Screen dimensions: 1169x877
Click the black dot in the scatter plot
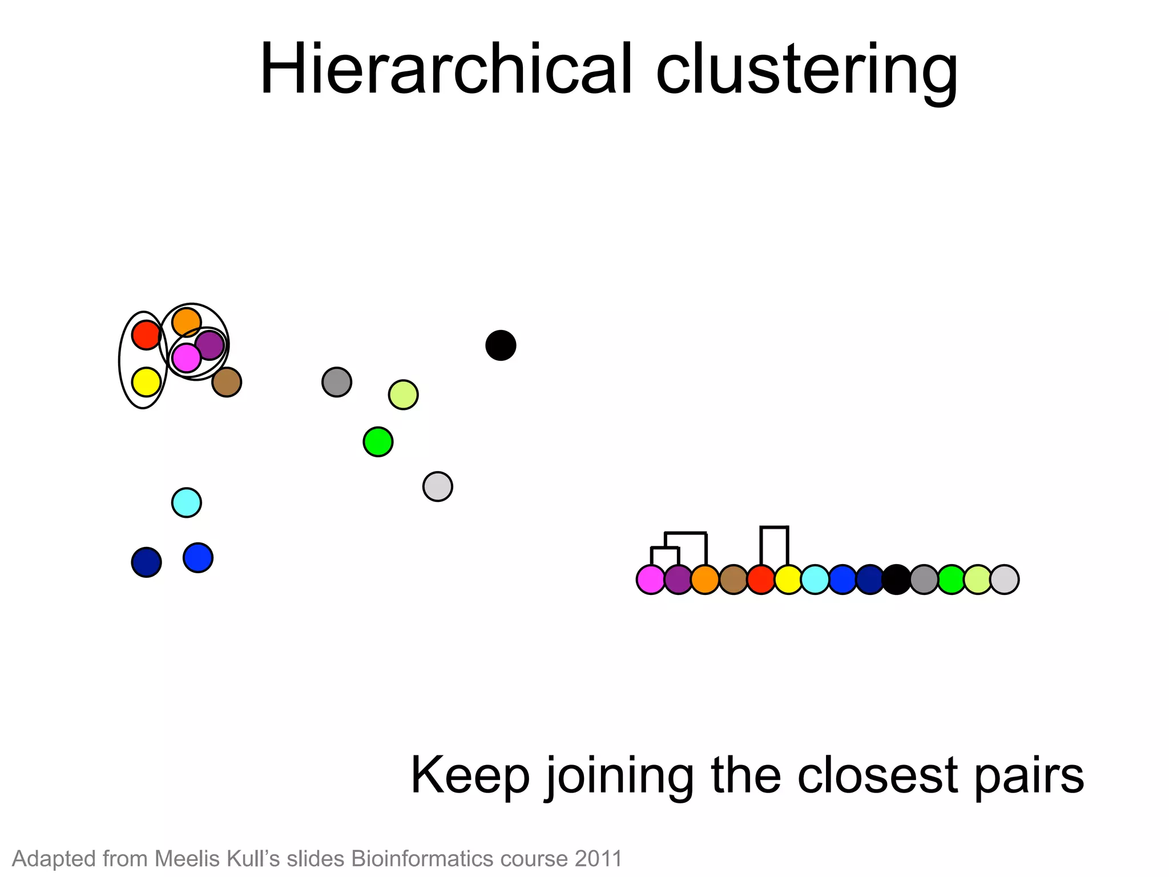501,345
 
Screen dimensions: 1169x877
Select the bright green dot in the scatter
378,442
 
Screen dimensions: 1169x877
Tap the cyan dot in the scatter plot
187,503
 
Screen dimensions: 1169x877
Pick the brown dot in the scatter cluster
227,382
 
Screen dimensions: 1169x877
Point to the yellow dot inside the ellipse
146,382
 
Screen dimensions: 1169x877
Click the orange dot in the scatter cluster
186,322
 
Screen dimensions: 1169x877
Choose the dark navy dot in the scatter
146,562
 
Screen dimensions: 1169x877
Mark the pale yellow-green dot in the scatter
403,395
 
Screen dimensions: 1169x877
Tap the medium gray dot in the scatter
337,382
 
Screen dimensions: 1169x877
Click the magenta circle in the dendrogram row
651,580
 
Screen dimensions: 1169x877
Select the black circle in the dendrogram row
897,580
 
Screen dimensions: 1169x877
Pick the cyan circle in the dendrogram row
815,580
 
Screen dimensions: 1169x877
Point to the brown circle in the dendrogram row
733,580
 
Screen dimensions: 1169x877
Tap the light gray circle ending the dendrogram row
1005,580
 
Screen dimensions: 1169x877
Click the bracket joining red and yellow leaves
775,528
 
